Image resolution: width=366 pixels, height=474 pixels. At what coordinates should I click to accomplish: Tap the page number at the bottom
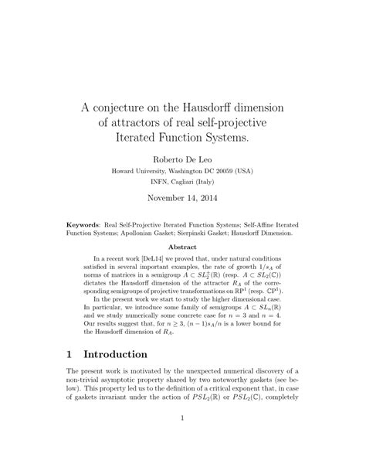pos(183,442)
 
